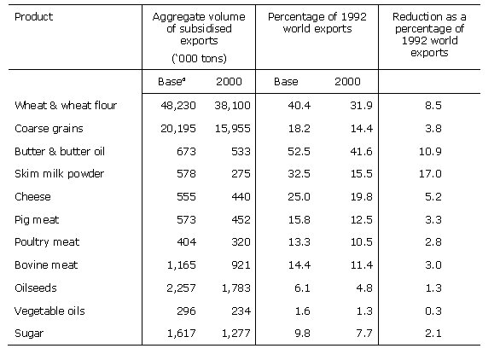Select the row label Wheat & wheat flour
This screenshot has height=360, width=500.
tap(66, 105)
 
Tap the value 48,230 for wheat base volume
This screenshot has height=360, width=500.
tap(172, 105)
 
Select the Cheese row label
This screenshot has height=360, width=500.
tap(32, 195)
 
